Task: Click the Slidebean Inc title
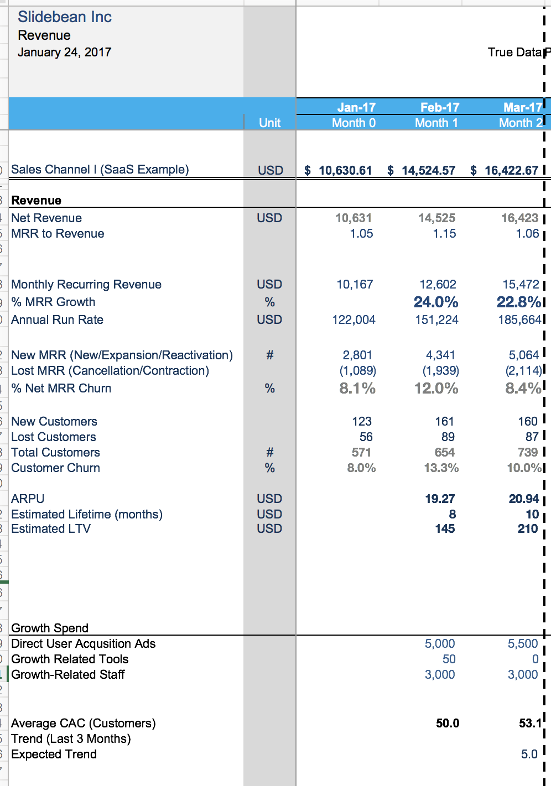[x=65, y=17]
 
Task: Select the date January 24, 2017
[x=64, y=52]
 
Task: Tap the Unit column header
[x=269, y=123]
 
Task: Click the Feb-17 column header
[x=440, y=107]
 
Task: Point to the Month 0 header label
[x=354, y=123]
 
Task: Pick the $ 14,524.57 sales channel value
[x=422, y=170]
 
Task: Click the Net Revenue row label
[x=46, y=218]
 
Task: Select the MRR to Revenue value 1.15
[x=444, y=233]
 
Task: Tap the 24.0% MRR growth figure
[x=436, y=302]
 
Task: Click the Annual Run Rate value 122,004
[x=354, y=319]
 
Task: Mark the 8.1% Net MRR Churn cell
[x=357, y=388]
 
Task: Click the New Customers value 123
[x=362, y=421]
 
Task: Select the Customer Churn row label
[x=55, y=468]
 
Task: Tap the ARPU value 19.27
[x=440, y=499]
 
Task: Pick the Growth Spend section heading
[x=50, y=628]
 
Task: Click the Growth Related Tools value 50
[x=449, y=659]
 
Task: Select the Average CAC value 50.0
[x=448, y=723]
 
